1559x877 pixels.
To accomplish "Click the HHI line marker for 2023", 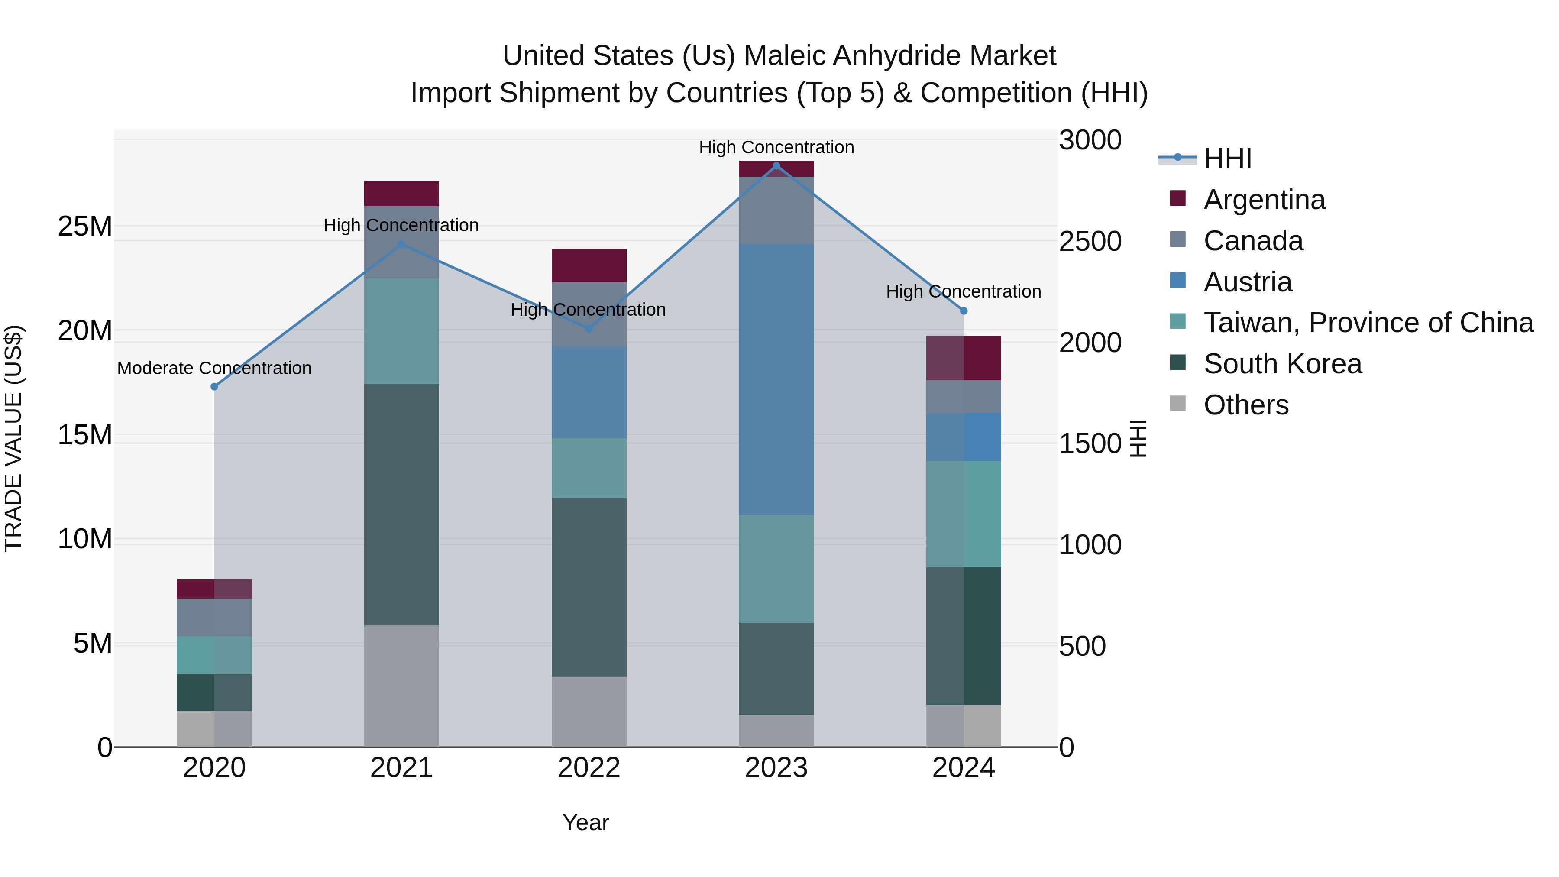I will click(x=776, y=166).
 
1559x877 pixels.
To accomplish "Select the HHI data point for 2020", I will click(x=214, y=387).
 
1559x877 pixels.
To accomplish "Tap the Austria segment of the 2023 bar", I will click(x=776, y=379).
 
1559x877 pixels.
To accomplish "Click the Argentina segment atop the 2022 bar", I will click(x=589, y=266).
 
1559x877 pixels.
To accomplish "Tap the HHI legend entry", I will click(x=1227, y=159).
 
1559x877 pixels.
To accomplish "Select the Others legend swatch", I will click(x=1178, y=404).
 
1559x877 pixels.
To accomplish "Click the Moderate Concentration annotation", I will click(x=214, y=368).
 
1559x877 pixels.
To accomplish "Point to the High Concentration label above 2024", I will click(x=964, y=292).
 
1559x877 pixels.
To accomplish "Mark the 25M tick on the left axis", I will click(x=85, y=227).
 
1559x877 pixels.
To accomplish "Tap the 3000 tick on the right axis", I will click(x=1090, y=140).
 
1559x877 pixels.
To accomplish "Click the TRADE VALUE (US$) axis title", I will click(x=13, y=438).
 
